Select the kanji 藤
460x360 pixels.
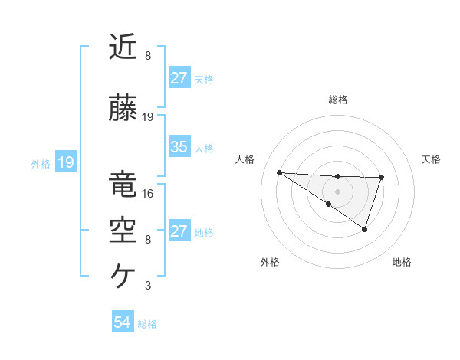point(123,110)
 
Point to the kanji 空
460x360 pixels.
point(123,230)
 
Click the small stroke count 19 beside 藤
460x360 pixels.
point(148,117)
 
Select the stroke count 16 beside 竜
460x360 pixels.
point(148,193)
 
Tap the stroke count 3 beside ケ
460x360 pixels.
point(148,286)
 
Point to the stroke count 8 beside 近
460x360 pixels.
point(148,56)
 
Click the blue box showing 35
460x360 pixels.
point(179,147)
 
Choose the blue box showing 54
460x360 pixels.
point(122,322)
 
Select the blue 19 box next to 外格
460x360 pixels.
point(65,162)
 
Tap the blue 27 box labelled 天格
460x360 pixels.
point(179,78)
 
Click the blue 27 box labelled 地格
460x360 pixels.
point(179,231)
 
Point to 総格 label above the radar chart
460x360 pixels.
point(337,100)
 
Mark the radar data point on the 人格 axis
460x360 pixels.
point(279,172)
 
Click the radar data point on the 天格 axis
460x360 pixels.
point(382,178)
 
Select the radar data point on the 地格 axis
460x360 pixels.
point(365,229)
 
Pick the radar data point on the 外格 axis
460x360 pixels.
point(329,204)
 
